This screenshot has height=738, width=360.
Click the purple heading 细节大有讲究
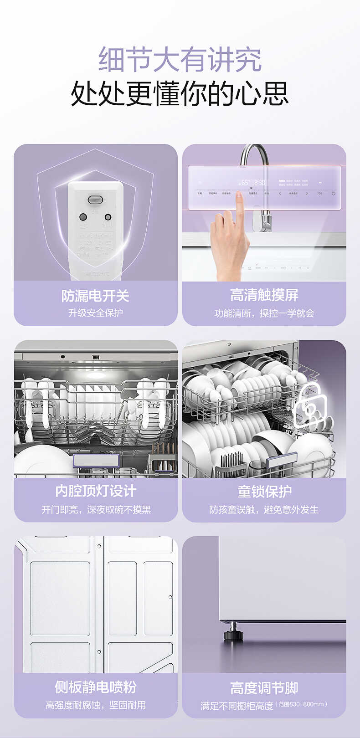(180, 59)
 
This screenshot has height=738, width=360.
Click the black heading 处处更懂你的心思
(180, 93)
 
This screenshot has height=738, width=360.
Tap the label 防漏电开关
(95, 296)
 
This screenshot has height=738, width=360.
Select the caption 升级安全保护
(95, 313)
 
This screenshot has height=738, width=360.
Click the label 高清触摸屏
(264, 295)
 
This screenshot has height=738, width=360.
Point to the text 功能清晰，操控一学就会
(264, 313)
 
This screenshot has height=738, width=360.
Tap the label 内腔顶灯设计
(96, 491)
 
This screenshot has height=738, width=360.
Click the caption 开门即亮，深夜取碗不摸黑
(96, 510)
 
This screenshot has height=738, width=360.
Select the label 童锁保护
(264, 492)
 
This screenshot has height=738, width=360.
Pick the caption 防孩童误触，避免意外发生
(264, 510)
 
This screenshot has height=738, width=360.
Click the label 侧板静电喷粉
(96, 687)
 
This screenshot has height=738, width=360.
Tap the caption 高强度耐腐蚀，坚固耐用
(96, 705)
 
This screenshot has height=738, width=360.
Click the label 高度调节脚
(264, 687)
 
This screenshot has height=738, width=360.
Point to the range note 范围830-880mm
(302, 704)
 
